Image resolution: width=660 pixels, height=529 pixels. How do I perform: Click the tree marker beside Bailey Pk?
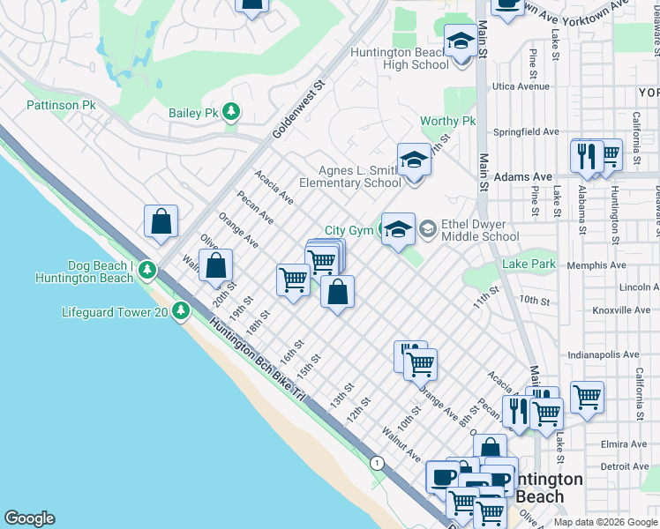click(231, 112)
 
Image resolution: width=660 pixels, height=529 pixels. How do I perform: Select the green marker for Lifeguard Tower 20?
click(181, 310)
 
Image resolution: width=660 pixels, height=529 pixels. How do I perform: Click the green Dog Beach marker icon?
click(149, 268)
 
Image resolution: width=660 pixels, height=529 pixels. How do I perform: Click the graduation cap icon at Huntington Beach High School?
click(459, 42)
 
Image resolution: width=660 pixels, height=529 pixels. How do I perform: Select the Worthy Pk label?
click(447, 121)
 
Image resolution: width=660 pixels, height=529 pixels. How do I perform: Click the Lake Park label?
click(529, 264)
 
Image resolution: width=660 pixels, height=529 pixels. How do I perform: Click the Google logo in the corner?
click(29, 518)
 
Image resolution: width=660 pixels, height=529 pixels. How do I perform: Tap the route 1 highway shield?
click(378, 463)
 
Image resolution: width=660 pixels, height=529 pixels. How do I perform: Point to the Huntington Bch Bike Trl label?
click(258, 361)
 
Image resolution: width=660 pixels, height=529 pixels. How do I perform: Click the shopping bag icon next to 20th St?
click(216, 264)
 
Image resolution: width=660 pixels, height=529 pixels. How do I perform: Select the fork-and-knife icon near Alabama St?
click(586, 156)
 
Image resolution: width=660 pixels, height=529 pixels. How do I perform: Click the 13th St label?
click(341, 394)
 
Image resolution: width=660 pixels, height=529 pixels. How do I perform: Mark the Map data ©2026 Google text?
click(605, 522)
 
